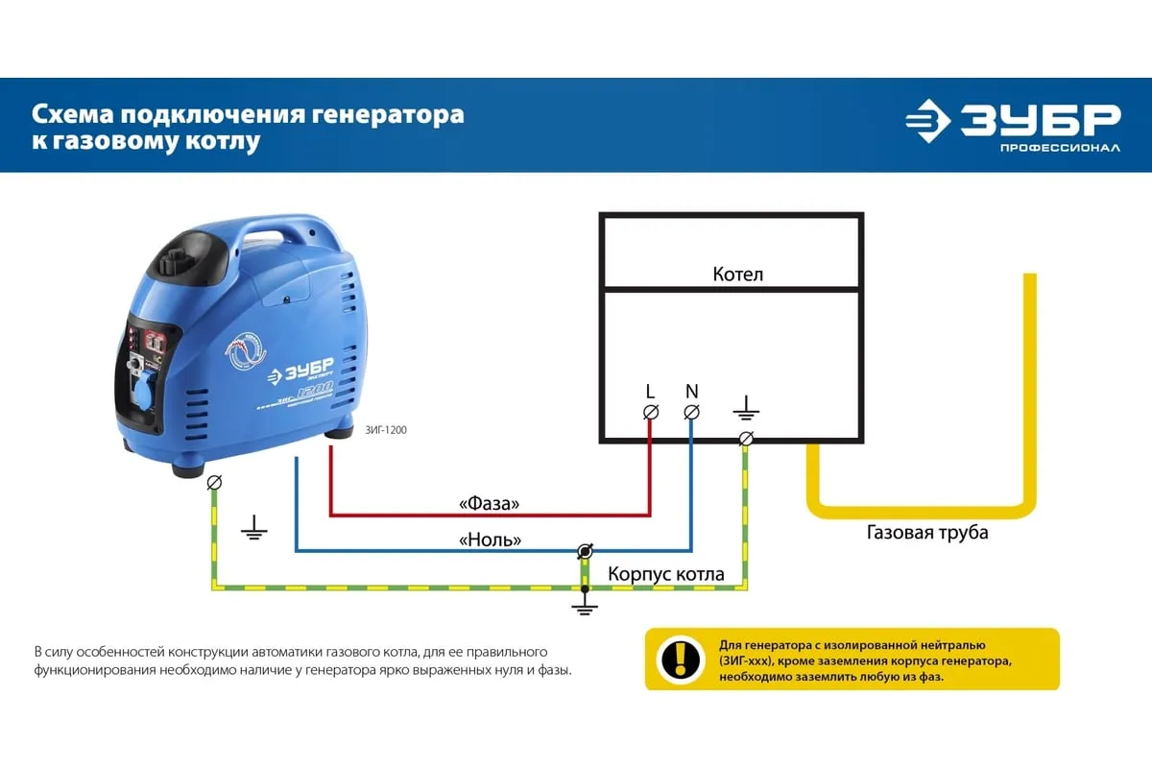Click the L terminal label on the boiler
click(650, 391)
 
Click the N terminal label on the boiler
click(691, 391)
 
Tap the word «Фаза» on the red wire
click(490, 503)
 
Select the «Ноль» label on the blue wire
click(491, 540)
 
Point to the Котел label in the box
click(738, 275)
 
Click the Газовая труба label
click(927, 532)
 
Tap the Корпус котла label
click(666, 574)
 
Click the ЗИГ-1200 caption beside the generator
click(386, 430)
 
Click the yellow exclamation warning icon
click(681, 659)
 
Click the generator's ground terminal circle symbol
click(214, 482)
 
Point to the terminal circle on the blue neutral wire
click(584, 551)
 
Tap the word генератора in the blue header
click(388, 115)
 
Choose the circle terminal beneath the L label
click(650, 412)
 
